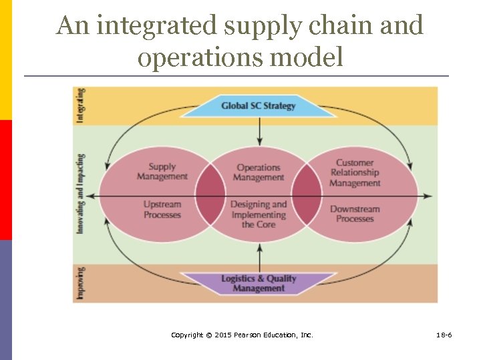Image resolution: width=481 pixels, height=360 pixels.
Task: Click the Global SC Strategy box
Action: click(x=259, y=105)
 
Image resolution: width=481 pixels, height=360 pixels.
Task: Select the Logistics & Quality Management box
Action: click(x=259, y=283)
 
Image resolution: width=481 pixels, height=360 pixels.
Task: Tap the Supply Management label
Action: click(x=162, y=172)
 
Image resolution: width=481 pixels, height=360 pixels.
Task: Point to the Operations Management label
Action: click(x=259, y=173)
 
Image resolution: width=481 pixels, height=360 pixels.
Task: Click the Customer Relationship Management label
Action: click(x=355, y=173)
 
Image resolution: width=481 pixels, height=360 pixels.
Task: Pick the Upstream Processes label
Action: click(x=162, y=210)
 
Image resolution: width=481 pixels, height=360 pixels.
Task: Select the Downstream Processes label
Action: click(x=355, y=214)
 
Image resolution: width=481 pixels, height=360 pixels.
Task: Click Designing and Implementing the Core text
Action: click(x=259, y=215)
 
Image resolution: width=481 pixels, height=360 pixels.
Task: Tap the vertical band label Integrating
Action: click(x=81, y=105)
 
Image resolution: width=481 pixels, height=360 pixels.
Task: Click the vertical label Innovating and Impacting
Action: click(x=81, y=194)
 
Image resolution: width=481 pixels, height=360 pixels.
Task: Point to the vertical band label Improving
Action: click(x=81, y=283)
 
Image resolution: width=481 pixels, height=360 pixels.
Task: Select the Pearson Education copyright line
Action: click(x=242, y=335)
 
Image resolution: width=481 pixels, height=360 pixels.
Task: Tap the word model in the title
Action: click(x=307, y=57)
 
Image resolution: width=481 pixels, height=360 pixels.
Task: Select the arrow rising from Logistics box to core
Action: click(x=259, y=257)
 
